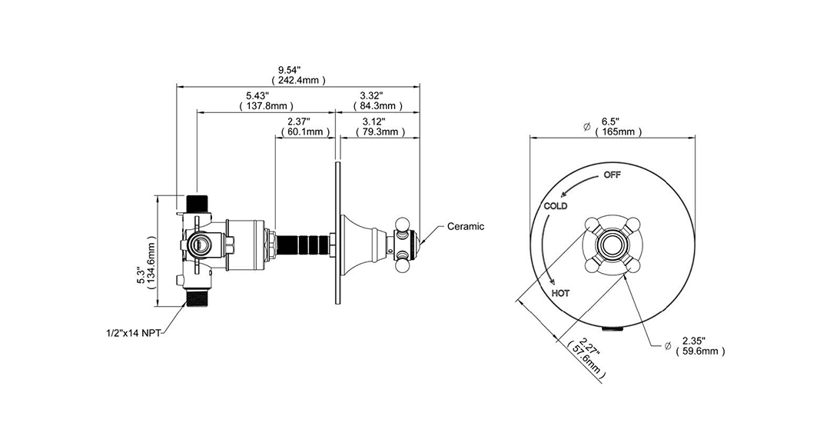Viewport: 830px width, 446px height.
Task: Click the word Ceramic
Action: (465, 227)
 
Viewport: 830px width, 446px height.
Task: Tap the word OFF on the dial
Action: (613, 175)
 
